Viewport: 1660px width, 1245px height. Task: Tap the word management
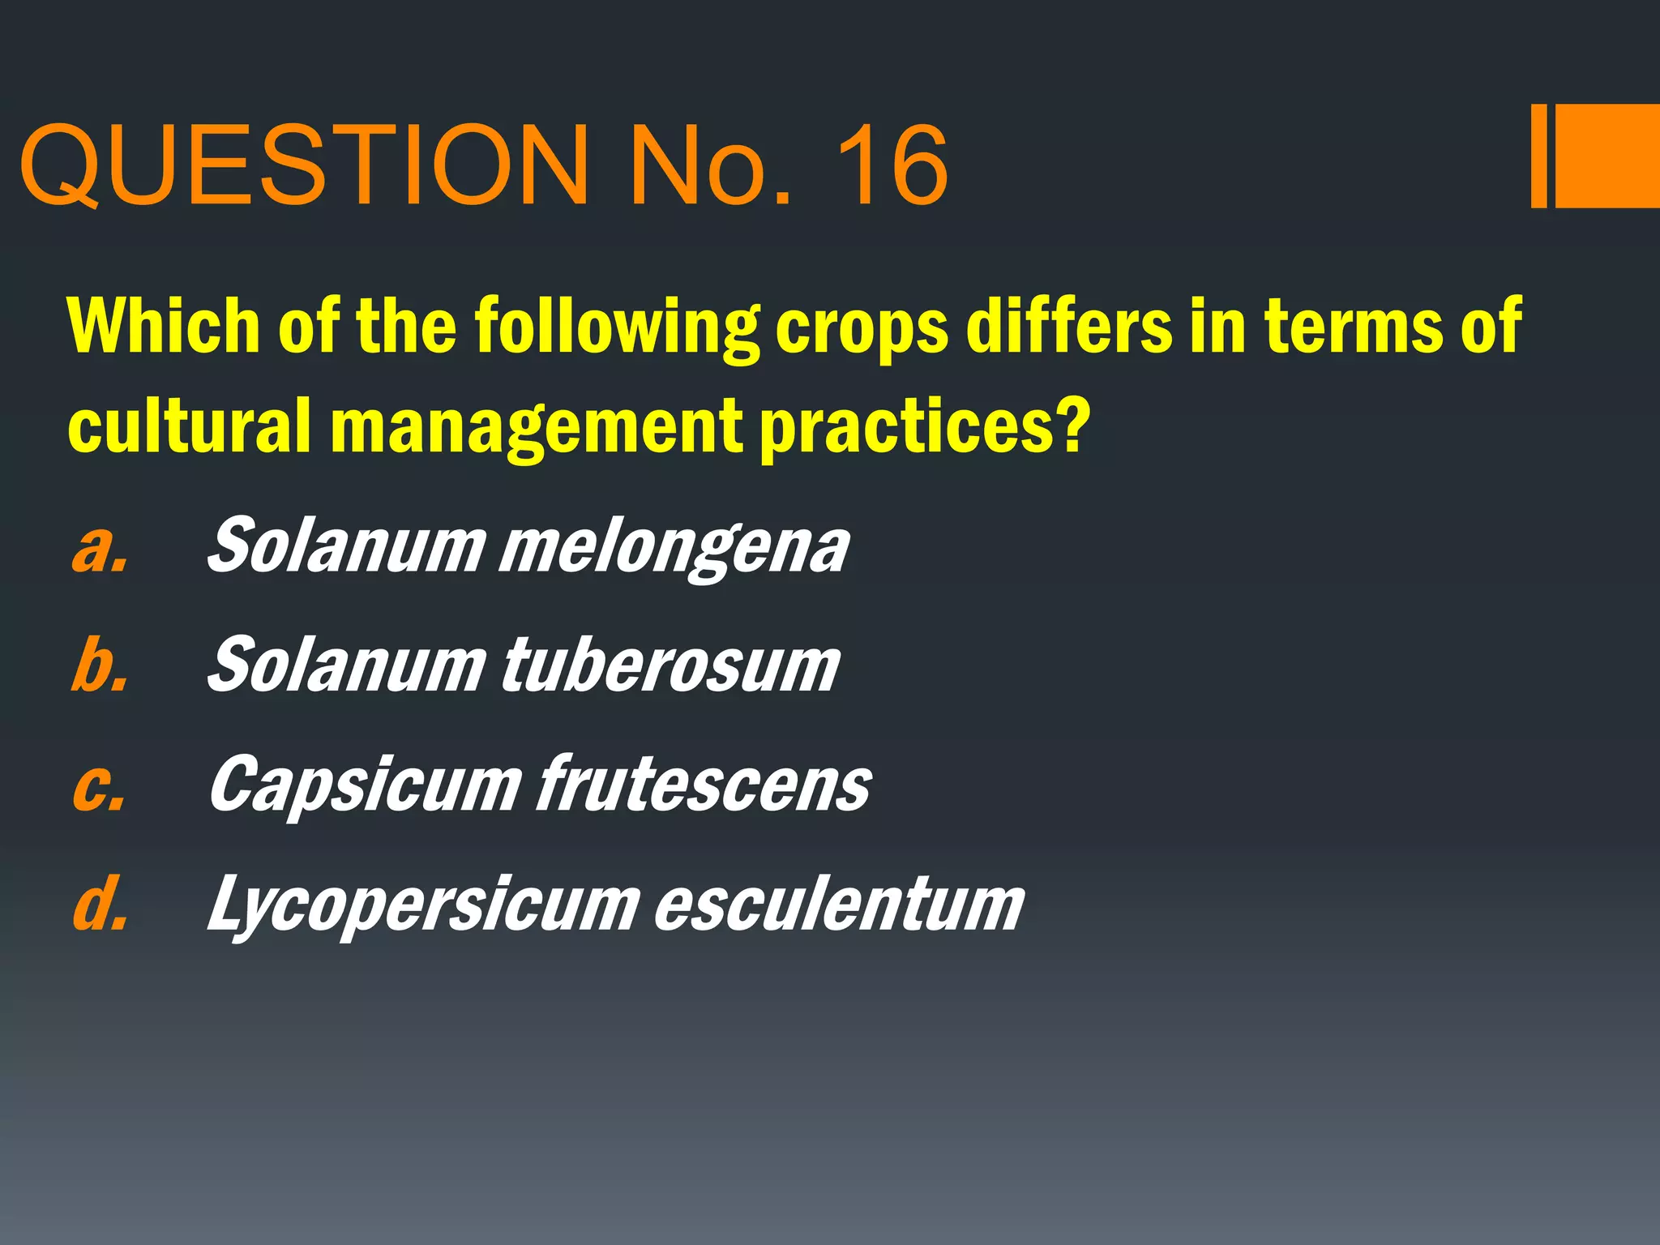pyautogui.click(x=535, y=427)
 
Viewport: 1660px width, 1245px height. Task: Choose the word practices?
pyautogui.click(x=923, y=427)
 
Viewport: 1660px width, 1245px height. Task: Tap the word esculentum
pyautogui.click(x=839, y=904)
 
